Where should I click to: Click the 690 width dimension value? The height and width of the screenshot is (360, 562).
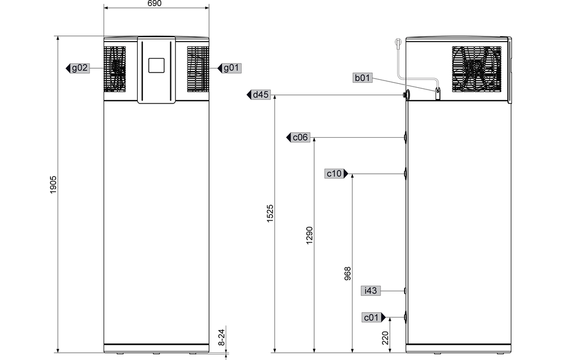point(156,3)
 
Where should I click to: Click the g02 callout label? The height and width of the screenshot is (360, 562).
point(80,68)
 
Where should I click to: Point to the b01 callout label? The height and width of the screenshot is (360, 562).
point(362,78)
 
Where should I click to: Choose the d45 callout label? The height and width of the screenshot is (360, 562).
point(261,94)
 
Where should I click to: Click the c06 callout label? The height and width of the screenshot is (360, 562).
point(301,137)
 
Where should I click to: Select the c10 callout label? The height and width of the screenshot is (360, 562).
point(334,174)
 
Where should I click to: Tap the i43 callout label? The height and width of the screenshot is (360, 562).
point(370,291)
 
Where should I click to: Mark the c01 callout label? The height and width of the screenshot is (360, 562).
point(371,318)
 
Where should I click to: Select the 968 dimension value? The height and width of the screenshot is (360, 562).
point(347,273)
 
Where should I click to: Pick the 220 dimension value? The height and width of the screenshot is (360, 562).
point(385,337)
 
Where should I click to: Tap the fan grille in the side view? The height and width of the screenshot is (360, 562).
point(477,69)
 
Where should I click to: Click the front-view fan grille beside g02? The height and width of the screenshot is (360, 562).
point(115,68)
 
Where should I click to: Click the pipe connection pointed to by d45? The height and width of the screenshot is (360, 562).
point(406,96)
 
